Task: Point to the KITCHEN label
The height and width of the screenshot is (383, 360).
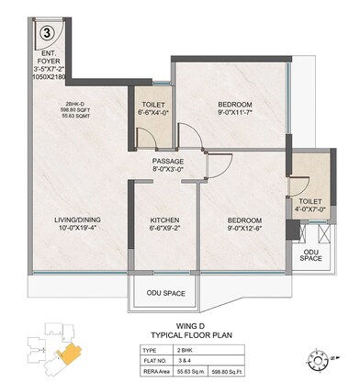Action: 167,220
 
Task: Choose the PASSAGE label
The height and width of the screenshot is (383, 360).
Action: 169,163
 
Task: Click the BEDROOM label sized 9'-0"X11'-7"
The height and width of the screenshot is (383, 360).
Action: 235,106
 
